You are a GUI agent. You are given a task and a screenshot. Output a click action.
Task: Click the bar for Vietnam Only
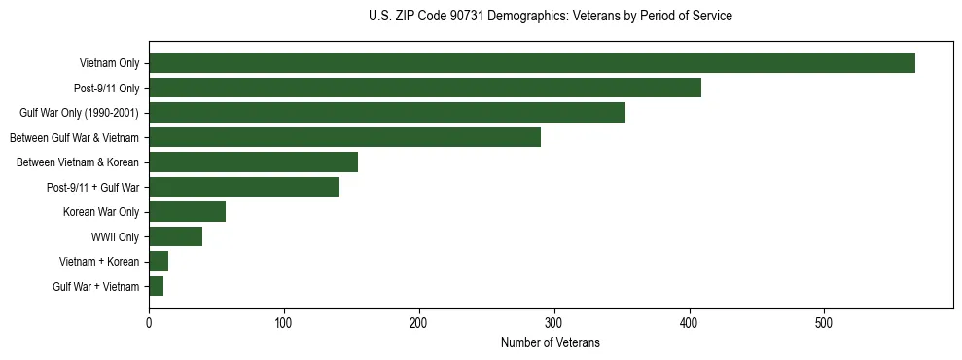click(531, 63)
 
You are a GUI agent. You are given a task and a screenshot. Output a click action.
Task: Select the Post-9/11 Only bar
click(424, 89)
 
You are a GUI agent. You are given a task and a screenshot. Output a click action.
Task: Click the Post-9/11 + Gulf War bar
click(244, 187)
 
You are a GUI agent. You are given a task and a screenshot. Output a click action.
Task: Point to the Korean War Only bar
click(187, 212)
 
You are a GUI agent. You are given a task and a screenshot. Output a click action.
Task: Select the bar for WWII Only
click(175, 236)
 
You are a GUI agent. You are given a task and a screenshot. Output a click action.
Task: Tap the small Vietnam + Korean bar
click(159, 261)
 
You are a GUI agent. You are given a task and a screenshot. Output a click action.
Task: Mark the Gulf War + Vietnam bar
click(156, 286)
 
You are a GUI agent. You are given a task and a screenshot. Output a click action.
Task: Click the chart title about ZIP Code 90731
click(551, 17)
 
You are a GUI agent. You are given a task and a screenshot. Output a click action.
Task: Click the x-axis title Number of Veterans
click(551, 343)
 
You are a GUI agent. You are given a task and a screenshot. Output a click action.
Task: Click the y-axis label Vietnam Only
click(109, 64)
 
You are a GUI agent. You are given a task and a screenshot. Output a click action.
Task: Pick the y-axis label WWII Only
click(115, 236)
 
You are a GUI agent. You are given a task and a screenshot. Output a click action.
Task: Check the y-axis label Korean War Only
click(101, 212)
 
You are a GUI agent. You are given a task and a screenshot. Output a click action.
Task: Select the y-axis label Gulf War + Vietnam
click(96, 286)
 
